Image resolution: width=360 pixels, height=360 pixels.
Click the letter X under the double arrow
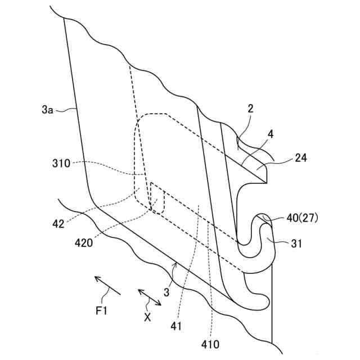(x=147, y=317)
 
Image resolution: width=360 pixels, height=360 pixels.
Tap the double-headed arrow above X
(x=150, y=297)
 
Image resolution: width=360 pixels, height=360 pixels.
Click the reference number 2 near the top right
(x=250, y=109)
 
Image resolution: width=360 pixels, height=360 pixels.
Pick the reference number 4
(x=271, y=135)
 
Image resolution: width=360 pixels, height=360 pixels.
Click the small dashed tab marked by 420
(x=156, y=201)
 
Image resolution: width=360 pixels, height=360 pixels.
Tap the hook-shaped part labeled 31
(x=269, y=247)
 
